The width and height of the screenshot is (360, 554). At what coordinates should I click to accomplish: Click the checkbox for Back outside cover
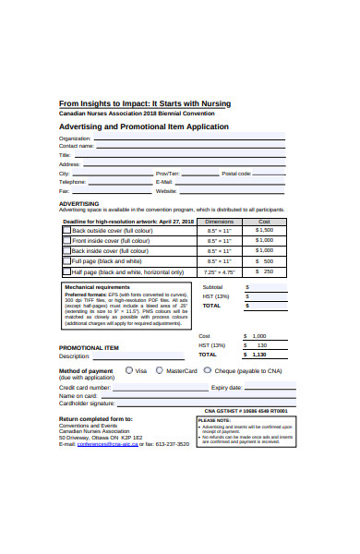coord(66,230)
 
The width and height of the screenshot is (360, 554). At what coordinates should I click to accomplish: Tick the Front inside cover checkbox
coord(66,240)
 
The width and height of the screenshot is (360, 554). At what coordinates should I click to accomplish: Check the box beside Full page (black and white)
coord(66,261)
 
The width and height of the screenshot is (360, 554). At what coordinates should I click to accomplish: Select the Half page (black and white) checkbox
coord(66,272)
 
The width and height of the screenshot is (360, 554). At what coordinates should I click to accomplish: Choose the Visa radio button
coord(128,369)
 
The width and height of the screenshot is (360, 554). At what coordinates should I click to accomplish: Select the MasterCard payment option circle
coord(160,369)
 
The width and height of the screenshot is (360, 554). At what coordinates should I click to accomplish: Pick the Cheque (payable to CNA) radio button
coord(209,369)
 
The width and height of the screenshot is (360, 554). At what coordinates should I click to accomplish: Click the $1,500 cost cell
coord(264,230)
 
